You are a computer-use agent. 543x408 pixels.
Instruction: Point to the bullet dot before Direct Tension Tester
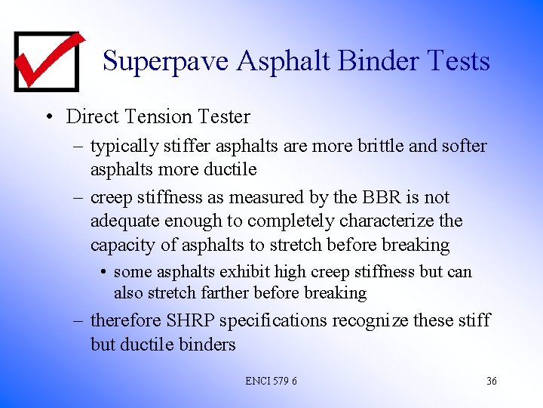click(48, 117)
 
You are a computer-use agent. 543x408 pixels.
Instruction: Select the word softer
click(458, 146)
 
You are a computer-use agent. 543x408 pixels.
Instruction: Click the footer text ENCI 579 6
click(271, 381)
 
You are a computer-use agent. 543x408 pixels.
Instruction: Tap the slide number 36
click(491, 381)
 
